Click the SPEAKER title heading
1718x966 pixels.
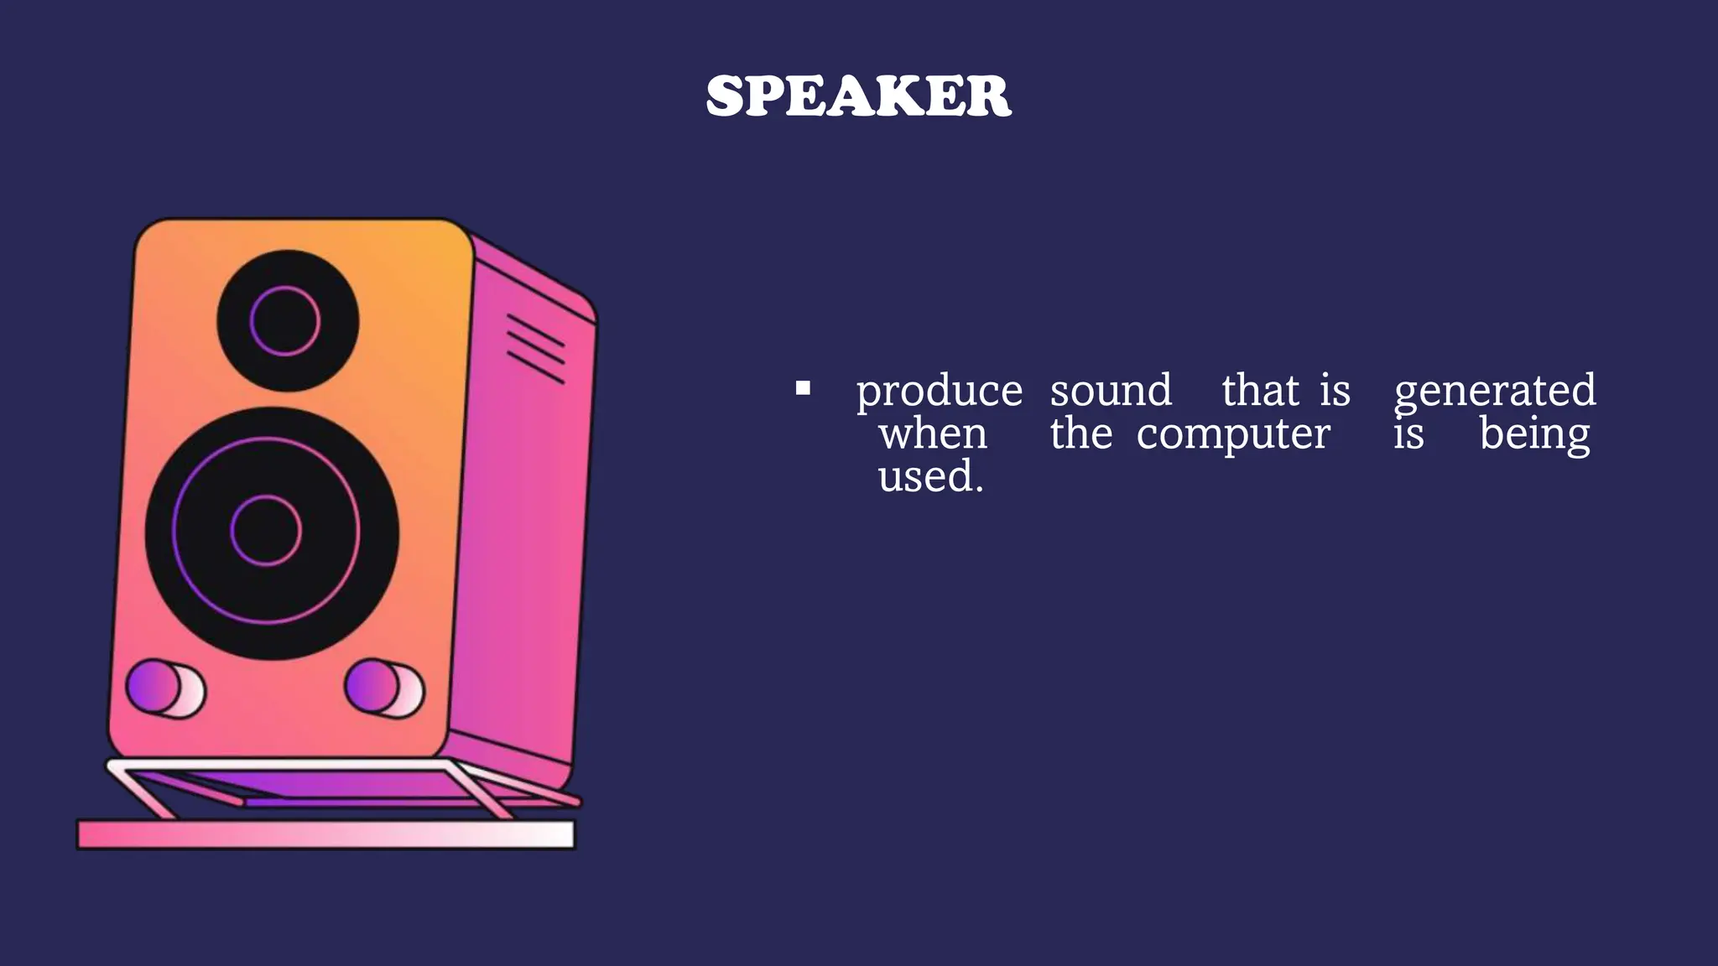tap(858, 96)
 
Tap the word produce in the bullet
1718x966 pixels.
tap(939, 392)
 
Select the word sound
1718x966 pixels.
tap(1111, 391)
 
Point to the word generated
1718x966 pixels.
tap(1495, 392)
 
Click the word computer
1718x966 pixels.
tap(1233, 435)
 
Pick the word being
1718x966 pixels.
tap(1534, 435)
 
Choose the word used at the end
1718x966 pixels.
tap(929, 477)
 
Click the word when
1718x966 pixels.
tap(933, 434)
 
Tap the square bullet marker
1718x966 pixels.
tap(803, 388)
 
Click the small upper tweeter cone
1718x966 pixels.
tap(288, 320)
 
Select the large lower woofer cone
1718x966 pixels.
tap(272, 533)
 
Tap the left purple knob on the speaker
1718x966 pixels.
tap(154, 686)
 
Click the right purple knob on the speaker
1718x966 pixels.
tap(372, 685)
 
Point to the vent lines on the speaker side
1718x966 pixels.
tap(535, 349)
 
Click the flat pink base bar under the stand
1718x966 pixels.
tap(325, 834)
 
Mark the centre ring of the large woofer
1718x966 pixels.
tap(266, 531)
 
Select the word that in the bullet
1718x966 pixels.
tap(1260, 391)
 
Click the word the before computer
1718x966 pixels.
tap(1080, 434)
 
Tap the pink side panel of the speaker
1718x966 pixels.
tap(520, 520)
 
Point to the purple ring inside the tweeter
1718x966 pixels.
tap(285, 288)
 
